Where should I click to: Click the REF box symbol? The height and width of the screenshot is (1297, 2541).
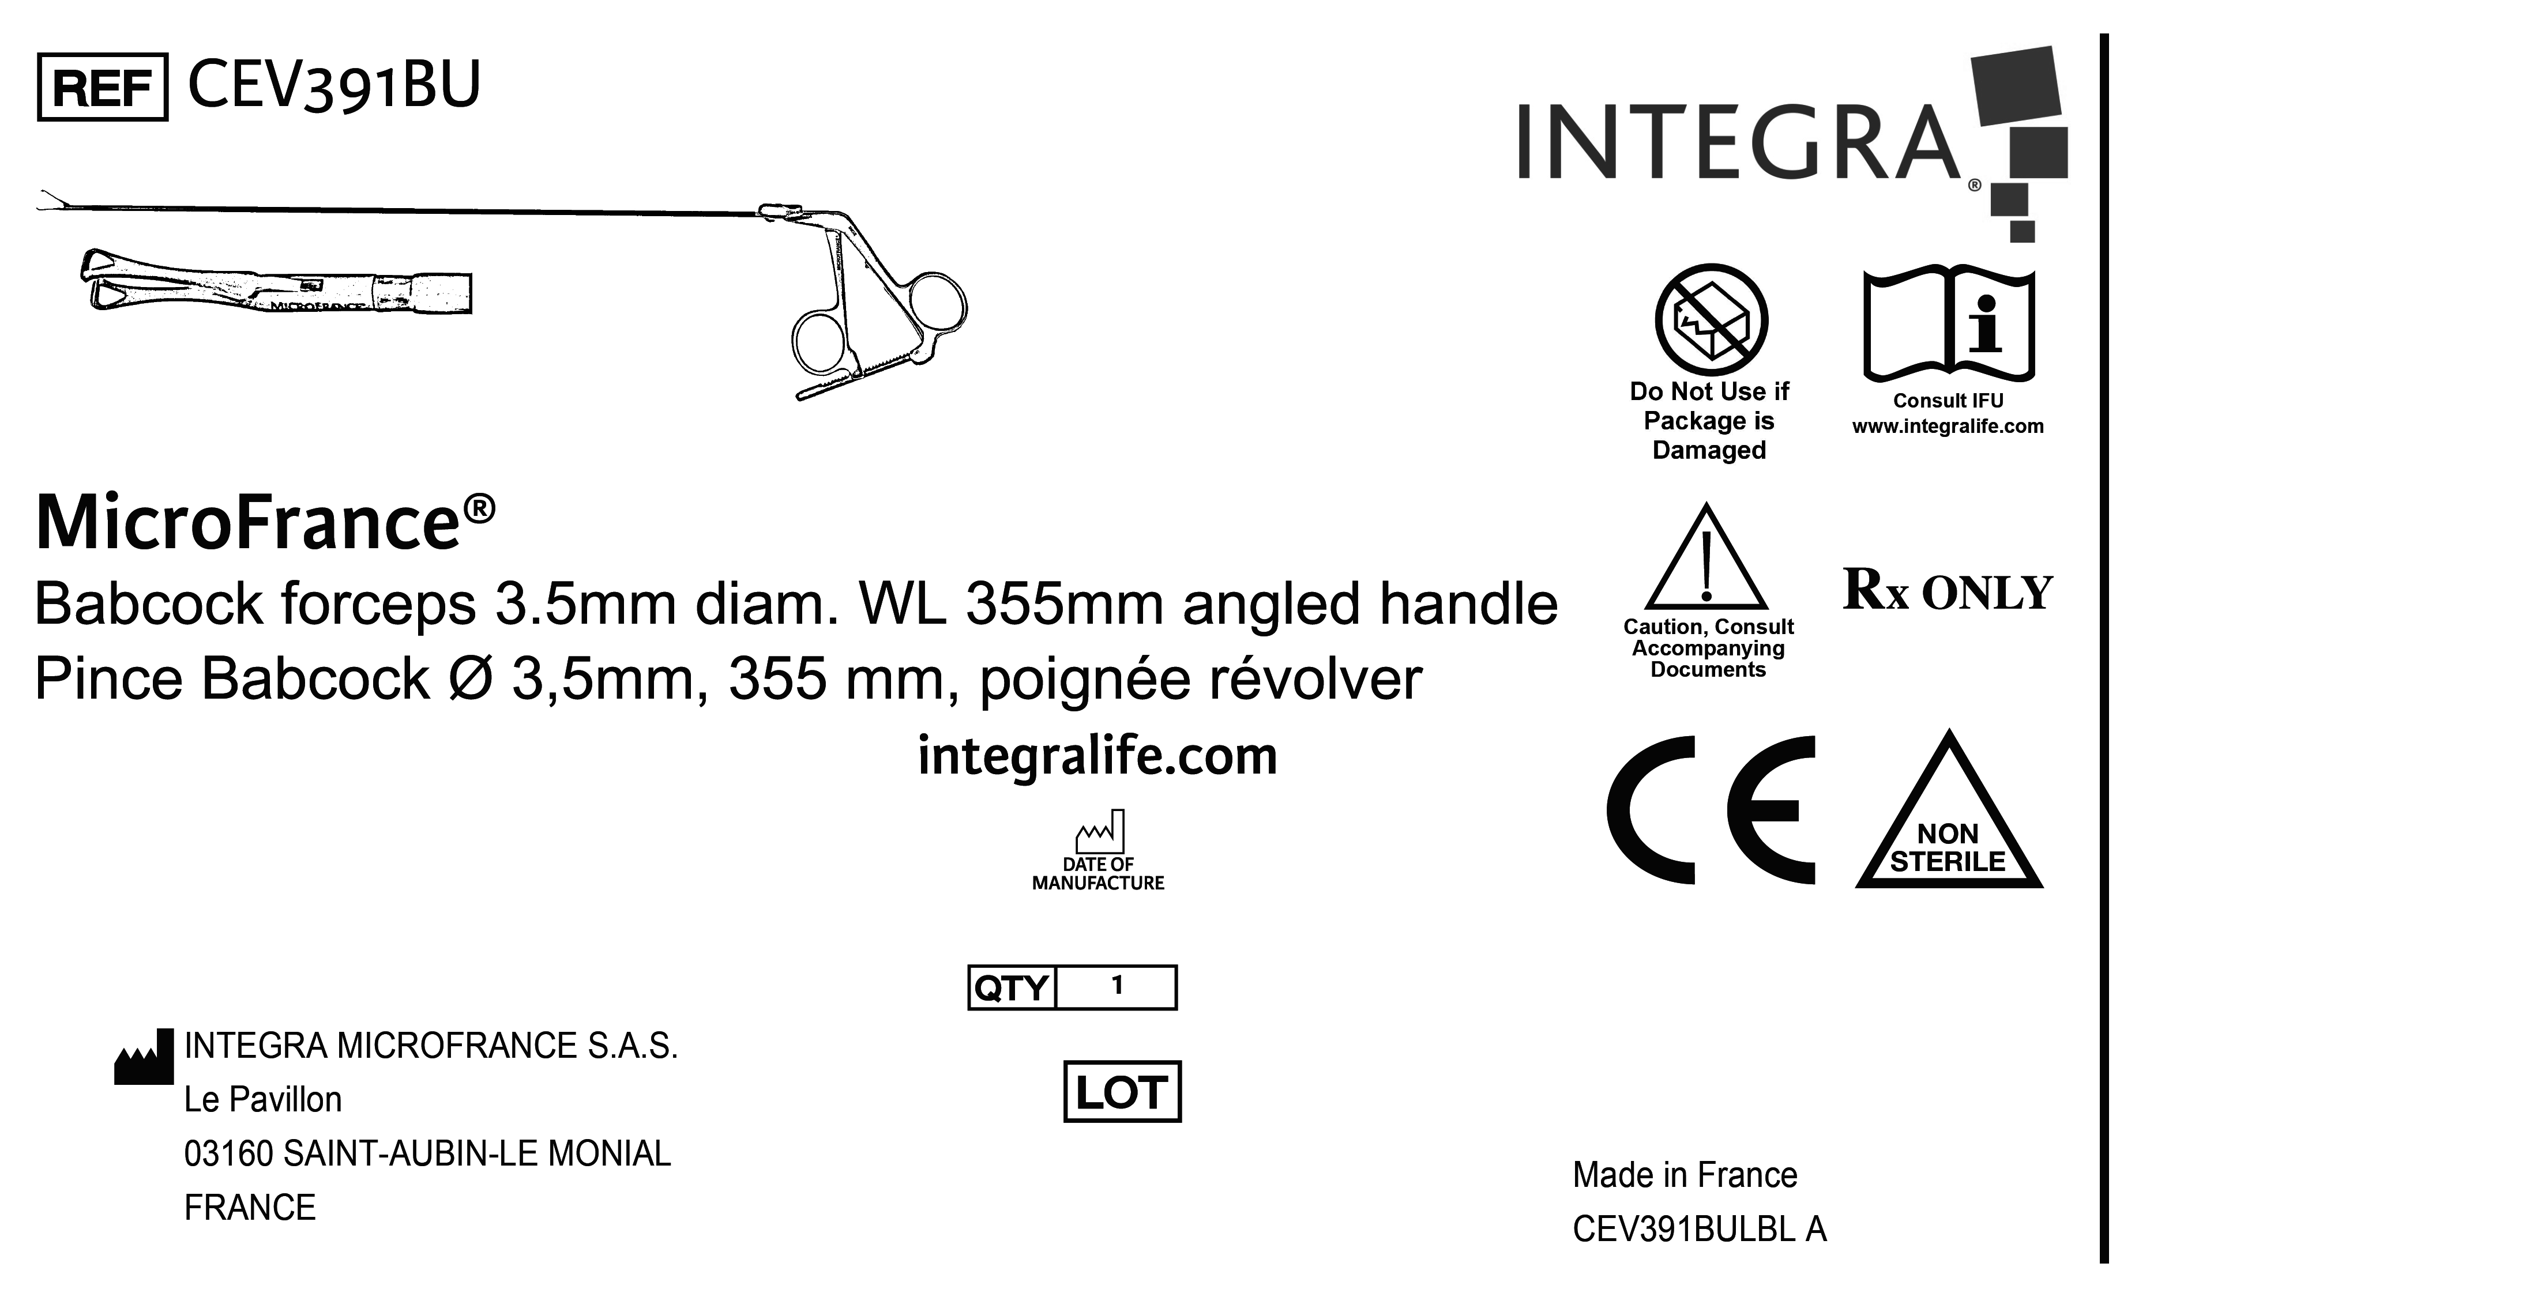click(103, 88)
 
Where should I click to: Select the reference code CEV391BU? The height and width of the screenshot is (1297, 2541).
click(333, 86)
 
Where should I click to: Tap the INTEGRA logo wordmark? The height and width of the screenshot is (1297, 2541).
click(1738, 143)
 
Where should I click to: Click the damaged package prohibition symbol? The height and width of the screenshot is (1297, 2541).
click(1711, 319)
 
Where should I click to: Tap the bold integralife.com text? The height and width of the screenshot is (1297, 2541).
click(1097, 756)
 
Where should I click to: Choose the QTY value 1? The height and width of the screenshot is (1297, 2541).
click(1117, 985)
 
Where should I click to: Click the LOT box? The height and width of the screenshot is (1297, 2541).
click(1122, 1092)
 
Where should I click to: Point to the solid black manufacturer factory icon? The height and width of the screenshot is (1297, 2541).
click(144, 1057)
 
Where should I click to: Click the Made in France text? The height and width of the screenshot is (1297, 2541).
click(1685, 1175)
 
